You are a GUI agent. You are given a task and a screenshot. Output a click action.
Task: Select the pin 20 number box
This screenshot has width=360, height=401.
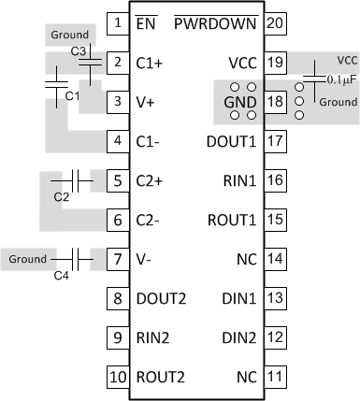(x=274, y=21)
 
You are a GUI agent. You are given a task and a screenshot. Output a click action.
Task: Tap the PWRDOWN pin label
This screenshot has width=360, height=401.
(x=217, y=21)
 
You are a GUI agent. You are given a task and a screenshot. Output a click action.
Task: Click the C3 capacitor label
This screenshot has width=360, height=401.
(x=79, y=50)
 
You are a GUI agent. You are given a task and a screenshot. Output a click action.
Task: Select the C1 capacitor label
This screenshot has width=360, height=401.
(x=67, y=95)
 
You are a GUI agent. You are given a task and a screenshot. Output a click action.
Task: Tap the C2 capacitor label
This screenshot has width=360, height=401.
(x=62, y=197)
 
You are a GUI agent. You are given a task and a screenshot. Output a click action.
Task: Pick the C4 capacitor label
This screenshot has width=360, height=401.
(x=62, y=275)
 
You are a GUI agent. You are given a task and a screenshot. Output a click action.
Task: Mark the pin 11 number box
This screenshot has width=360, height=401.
(x=274, y=378)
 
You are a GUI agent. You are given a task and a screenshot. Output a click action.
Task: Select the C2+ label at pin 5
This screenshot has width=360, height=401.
(x=151, y=179)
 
